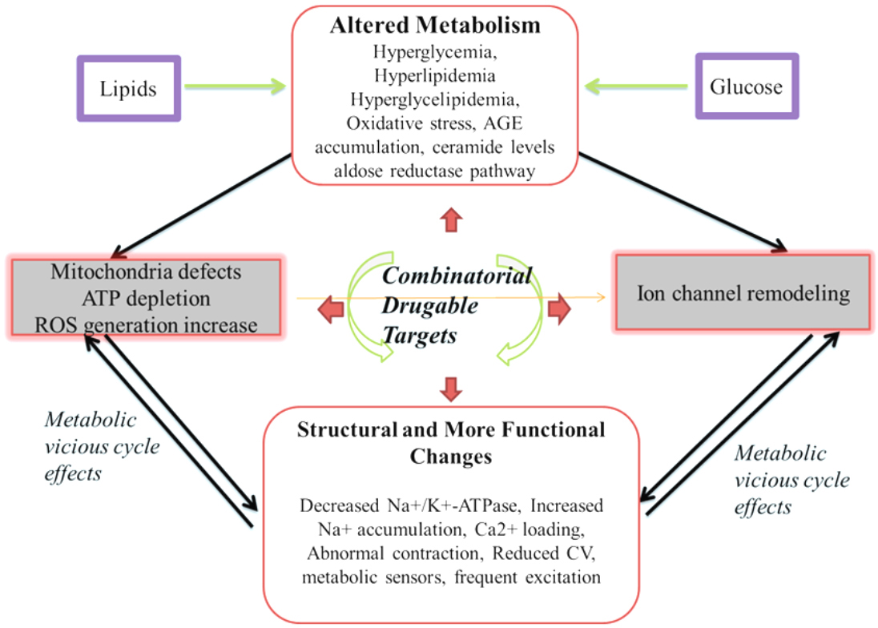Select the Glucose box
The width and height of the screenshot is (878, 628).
coord(747,87)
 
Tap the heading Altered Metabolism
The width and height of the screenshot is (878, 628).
coord(435,25)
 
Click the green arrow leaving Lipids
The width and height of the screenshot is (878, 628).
coord(233,87)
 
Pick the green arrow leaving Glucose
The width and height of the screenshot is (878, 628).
coord(637,86)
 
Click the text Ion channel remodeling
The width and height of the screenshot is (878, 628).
coord(742,293)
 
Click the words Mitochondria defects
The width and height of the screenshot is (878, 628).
coord(146,272)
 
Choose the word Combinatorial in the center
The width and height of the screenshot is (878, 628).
coord(457,276)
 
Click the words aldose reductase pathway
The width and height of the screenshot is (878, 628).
coord(435,171)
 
